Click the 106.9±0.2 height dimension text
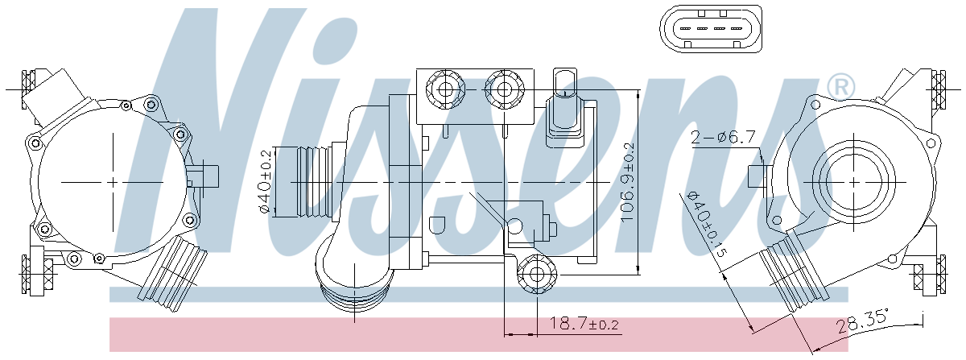628,183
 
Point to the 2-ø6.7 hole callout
723,137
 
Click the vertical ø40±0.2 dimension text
265,182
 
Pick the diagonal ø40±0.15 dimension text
707,224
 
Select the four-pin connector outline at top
711,29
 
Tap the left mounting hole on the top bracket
445,89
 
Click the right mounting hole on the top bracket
504,89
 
